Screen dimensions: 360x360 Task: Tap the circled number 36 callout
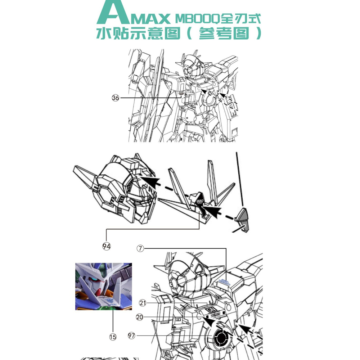click(x=115, y=98)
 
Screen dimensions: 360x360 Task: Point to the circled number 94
click(x=106, y=246)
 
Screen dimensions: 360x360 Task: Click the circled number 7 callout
click(x=140, y=248)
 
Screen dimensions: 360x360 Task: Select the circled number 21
click(x=143, y=303)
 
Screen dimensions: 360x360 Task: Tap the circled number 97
click(x=132, y=336)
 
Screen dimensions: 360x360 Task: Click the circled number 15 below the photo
click(x=113, y=337)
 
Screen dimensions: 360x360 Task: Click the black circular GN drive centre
click(x=220, y=338)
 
